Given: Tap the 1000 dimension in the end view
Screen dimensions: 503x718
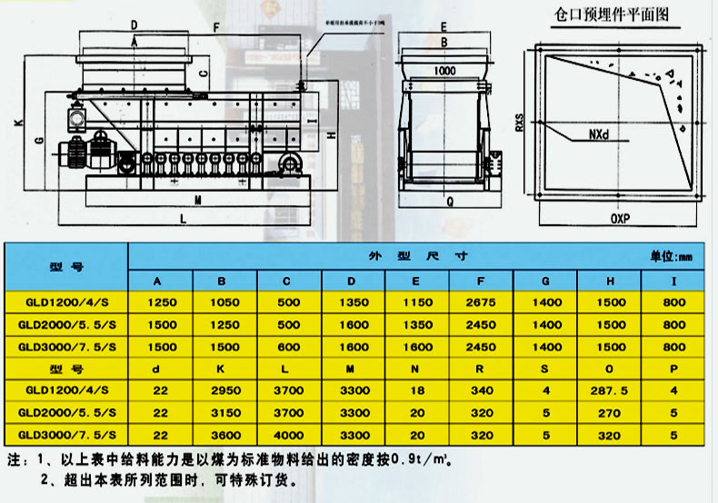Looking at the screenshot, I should (x=444, y=70).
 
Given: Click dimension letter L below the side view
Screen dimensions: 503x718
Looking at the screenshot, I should (x=183, y=219).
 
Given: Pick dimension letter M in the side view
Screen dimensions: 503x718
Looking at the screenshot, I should (x=197, y=197).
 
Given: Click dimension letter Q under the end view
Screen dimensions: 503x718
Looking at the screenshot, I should (x=449, y=203).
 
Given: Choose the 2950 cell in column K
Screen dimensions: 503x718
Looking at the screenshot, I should (x=223, y=391).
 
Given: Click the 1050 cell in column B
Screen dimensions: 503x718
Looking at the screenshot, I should (x=223, y=301).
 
